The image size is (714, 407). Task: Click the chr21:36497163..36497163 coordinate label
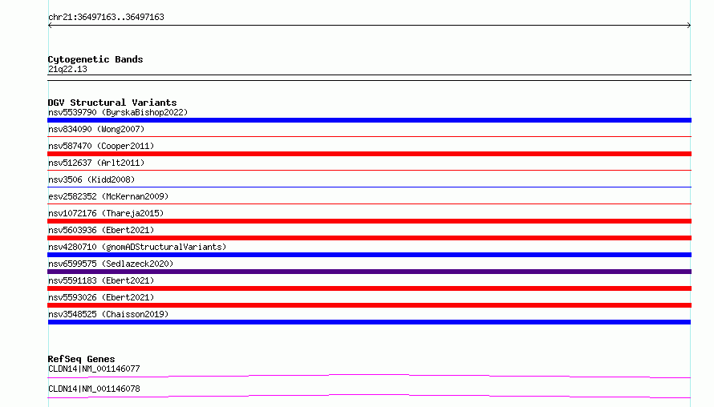[x=106, y=18]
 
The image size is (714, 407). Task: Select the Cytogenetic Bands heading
[x=95, y=59]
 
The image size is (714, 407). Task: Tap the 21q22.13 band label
[x=67, y=69]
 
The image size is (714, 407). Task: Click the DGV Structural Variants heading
[x=112, y=103]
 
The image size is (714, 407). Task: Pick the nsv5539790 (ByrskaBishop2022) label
[x=118, y=112]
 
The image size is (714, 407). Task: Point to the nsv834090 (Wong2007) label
[x=96, y=129]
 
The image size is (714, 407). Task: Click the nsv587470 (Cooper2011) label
[x=101, y=146]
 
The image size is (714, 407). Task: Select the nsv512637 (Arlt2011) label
[x=96, y=163]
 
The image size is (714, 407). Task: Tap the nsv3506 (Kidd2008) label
[x=91, y=179]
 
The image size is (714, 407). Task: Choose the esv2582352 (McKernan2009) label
[x=108, y=196]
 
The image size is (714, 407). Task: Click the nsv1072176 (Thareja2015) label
[x=106, y=213]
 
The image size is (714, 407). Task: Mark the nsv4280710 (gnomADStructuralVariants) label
[x=137, y=247]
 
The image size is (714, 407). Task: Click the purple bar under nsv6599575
[x=369, y=272]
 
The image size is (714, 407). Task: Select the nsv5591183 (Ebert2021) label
[x=101, y=280]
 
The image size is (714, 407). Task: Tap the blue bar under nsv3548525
[x=369, y=322]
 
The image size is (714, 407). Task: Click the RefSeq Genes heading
[x=81, y=359]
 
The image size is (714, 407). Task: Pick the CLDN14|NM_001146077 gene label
[x=94, y=369]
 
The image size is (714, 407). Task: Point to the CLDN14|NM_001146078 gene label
[x=94, y=389]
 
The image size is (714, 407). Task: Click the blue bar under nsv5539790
[x=369, y=120]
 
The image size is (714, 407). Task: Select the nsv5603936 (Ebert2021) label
[x=101, y=230]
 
